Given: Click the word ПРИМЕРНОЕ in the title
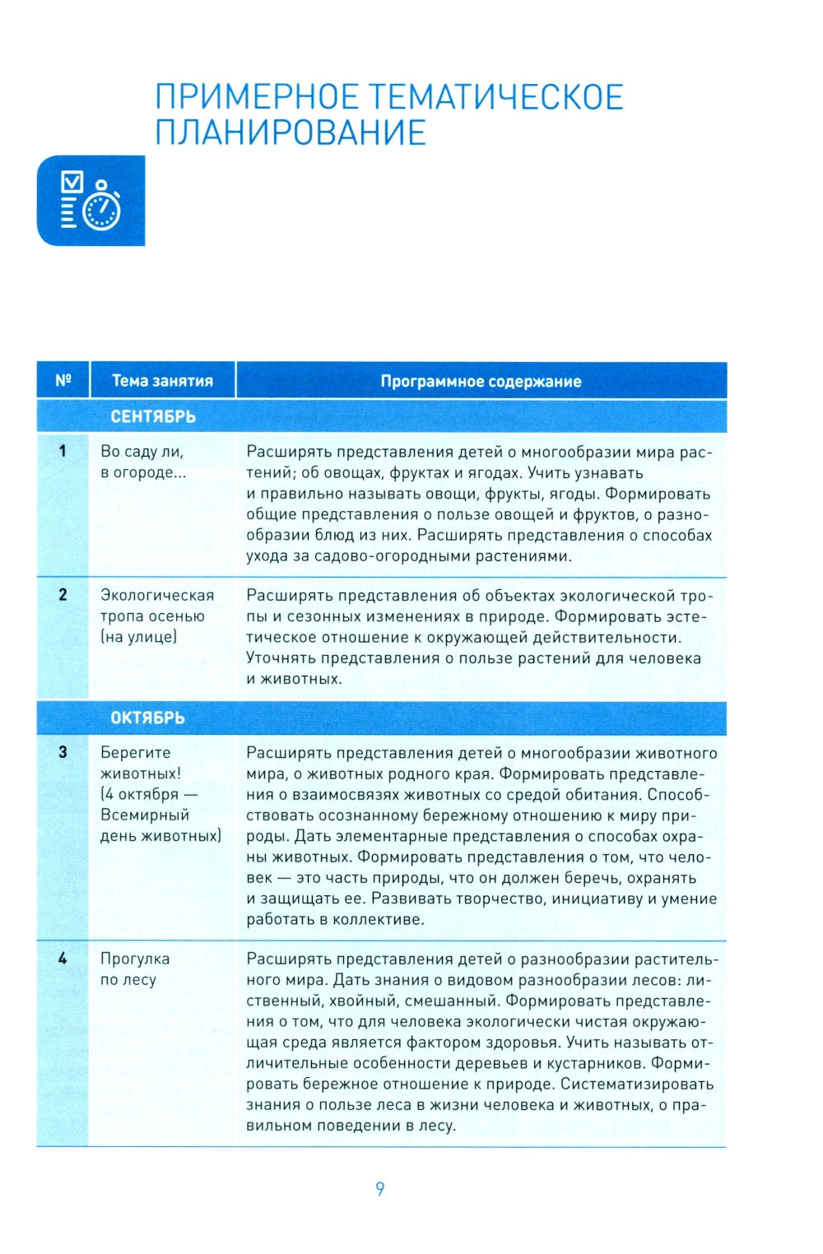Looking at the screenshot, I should pos(256,97).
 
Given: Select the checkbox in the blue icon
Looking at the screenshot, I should pos(72,182).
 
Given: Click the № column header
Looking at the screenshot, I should pos(63,381).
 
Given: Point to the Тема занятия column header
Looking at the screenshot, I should pos(162,381).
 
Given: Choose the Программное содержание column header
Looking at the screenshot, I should pos(481,381).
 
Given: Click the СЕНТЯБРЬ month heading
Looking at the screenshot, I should pos(153,416).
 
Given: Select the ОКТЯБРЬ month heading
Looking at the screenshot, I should pos(147,718).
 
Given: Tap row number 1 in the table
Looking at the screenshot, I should pos(63,451).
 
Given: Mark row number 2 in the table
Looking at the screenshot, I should pos(63,595).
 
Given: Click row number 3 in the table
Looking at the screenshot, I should pos(63,752).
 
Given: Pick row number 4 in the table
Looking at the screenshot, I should pos(63,959).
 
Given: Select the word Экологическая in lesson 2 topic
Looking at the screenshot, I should pos(157,595).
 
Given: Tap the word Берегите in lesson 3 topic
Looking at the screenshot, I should pos(136,752).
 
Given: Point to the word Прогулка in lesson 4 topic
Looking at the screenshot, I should pos(135,959).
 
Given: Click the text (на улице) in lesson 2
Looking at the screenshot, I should pos(138,637).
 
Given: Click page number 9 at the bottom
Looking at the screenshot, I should pos(379,1188).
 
